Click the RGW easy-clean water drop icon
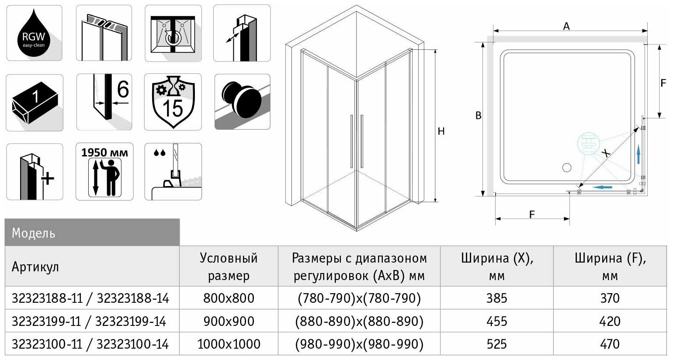[x=34, y=33]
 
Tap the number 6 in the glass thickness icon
[x=123, y=90]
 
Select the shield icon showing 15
[x=173, y=102]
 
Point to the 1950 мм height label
[x=104, y=152]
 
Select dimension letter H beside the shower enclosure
[x=441, y=131]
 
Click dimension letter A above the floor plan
[x=566, y=26]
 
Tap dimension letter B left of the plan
[x=479, y=116]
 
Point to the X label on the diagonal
[x=606, y=152]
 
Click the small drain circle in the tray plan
[x=567, y=167]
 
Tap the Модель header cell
[x=33, y=233]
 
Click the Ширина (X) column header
[x=497, y=267]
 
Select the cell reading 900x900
[x=229, y=321]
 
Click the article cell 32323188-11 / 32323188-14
[x=90, y=298]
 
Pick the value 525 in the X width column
[x=497, y=344]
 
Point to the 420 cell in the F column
[x=610, y=321]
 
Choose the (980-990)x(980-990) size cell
[x=359, y=344]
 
